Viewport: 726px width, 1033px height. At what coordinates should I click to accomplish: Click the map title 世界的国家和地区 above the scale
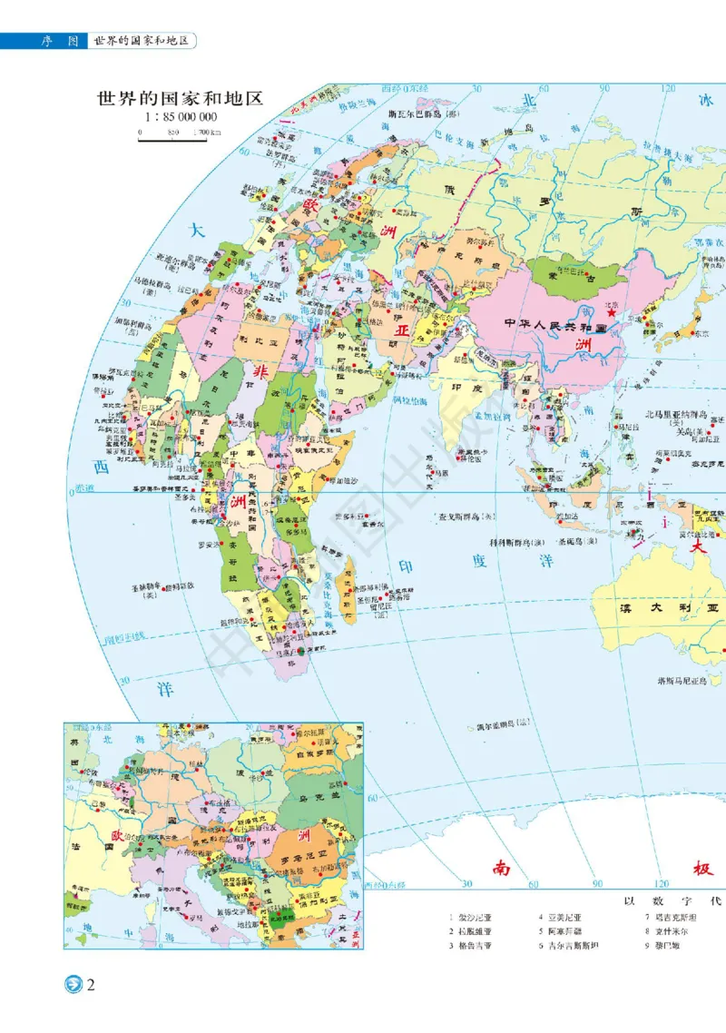[x=180, y=99]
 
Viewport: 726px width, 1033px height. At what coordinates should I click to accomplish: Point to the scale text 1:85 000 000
[x=180, y=118]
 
